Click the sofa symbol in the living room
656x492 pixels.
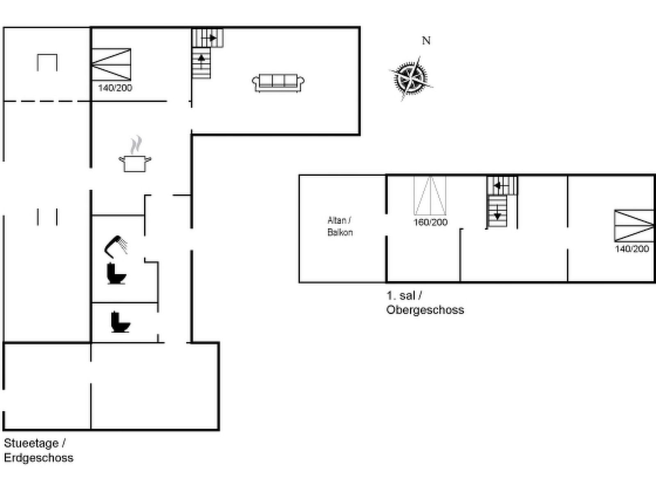[x=278, y=83]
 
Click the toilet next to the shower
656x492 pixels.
[x=116, y=273]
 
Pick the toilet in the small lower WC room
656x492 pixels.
[x=121, y=322]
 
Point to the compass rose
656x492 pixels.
[x=411, y=79]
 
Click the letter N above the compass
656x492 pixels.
[x=426, y=41]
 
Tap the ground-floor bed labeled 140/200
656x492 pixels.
[x=111, y=64]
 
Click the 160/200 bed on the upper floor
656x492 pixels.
[x=430, y=196]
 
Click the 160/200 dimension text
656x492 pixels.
[x=430, y=222]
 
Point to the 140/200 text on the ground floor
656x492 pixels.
[x=115, y=88]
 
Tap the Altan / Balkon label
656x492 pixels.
[x=340, y=226]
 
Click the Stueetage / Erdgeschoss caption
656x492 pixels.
[x=39, y=451]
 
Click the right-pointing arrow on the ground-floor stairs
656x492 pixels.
[x=209, y=38]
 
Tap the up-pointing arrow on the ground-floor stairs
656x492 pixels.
[x=201, y=61]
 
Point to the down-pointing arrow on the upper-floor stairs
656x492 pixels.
[x=497, y=213]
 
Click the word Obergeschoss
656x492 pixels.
[x=425, y=310]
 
